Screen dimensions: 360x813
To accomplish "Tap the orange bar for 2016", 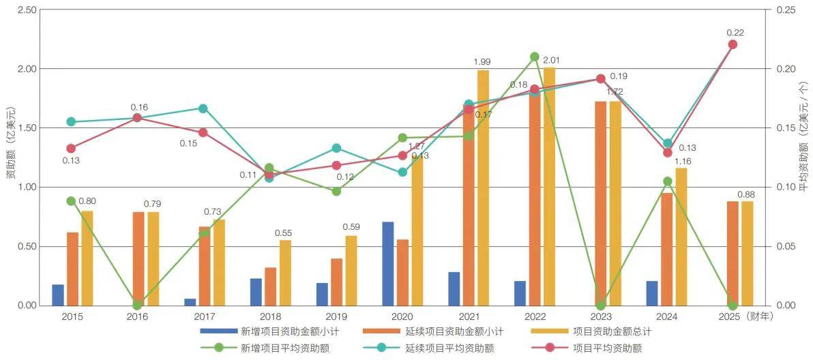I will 138,258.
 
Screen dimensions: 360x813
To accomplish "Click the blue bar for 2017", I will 190,302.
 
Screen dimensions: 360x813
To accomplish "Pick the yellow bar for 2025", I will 748,253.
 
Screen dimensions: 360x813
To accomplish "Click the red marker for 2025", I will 733,44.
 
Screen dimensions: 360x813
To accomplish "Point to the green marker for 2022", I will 535,57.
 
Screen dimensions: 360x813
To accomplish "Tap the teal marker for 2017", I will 203,108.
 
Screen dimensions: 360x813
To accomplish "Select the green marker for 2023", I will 600,305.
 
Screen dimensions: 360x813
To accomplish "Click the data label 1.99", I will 482,62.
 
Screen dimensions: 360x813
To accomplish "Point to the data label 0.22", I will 735,32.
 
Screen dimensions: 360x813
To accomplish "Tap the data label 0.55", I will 283,232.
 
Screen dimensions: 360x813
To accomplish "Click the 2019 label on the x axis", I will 336,316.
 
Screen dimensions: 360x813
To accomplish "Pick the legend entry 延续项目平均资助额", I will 449,348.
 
